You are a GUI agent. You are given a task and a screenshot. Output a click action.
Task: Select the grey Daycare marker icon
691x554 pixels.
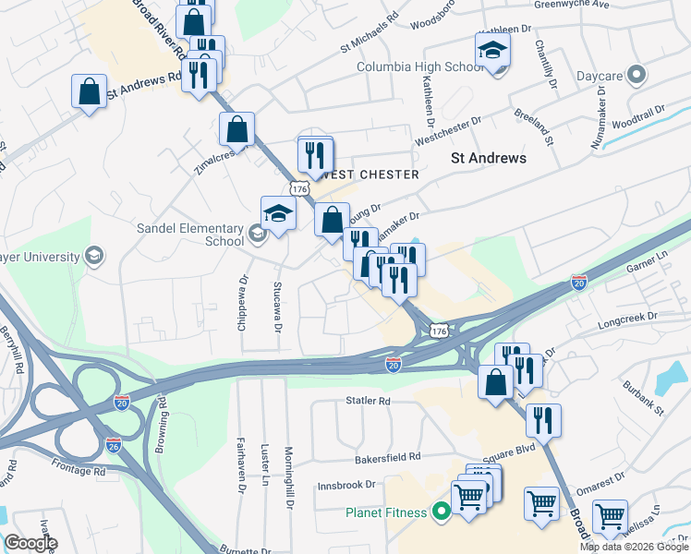pyautogui.click(x=636, y=75)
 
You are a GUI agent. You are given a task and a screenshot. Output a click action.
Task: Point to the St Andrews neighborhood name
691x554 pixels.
pyautogui.click(x=488, y=158)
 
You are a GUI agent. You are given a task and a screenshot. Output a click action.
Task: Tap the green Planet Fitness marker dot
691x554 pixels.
pyautogui.click(x=442, y=512)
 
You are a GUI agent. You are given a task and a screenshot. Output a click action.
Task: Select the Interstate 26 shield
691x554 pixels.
pyautogui.click(x=115, y=444)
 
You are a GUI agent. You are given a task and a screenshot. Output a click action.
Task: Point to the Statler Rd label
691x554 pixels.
pyautogui.click(x=368, y=401)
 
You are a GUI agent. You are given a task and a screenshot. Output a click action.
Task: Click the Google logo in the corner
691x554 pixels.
pyautogui.click(x=31, y=543)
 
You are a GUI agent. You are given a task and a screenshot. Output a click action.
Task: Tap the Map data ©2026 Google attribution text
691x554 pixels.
pyautogui.click(x=634, y=547)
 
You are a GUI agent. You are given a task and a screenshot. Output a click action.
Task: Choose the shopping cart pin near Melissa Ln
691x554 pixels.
pyautogui.click(x=610, y=517)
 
